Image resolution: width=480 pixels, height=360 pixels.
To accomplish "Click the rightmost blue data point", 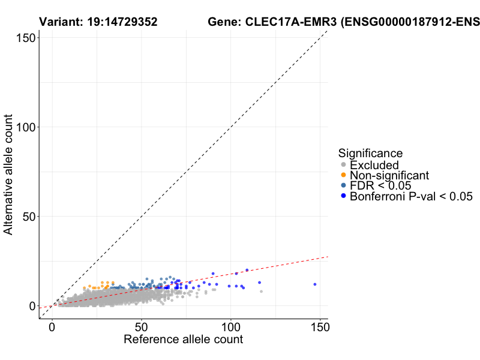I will coord(315,284).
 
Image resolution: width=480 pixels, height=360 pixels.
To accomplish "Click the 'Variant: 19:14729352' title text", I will coord(98,22).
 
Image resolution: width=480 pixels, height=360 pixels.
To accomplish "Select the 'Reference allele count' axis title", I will coord(183,340).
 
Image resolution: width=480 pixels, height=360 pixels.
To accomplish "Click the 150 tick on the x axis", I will coord(320,328).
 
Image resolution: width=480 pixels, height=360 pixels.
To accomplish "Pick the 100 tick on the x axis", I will coord(230,328).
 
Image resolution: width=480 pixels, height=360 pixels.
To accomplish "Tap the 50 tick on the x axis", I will coord(141,328).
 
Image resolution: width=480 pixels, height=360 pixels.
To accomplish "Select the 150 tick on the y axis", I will coord(24,37).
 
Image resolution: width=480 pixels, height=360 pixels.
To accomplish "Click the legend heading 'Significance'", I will coord(370,153).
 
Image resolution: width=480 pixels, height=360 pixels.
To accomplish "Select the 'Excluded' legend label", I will coord(374,165).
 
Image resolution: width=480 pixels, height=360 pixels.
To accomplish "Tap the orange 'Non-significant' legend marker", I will coord(343,175).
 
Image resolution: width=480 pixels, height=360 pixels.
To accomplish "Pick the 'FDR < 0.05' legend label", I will coord(380,185).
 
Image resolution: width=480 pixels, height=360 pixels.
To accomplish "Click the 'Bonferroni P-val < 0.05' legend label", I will coord(412,196).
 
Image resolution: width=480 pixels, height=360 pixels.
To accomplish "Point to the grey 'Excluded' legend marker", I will coord(343,165).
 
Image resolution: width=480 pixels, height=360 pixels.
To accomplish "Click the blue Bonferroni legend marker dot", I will coord(343,196).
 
